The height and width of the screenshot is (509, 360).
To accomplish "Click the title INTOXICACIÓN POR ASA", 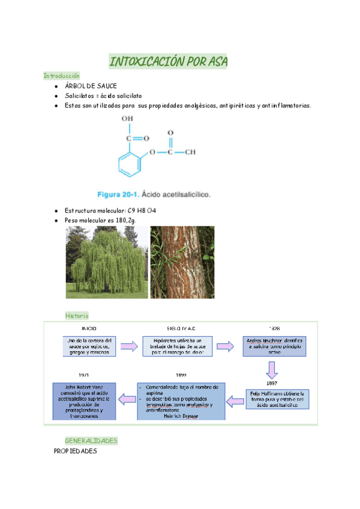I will (168, 61).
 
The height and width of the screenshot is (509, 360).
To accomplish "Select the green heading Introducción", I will (61, 76).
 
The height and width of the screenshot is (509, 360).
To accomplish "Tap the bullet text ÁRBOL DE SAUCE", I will (91, 86).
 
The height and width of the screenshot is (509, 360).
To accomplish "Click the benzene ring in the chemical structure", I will (128, 163).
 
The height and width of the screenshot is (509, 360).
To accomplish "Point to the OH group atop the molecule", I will (127, 119).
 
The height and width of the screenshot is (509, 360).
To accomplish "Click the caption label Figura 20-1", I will (119, 194).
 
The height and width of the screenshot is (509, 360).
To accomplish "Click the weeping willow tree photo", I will (107, 262).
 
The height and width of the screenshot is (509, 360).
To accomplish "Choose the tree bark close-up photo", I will (182, 262).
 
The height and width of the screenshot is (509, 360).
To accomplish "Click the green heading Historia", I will (77, 315).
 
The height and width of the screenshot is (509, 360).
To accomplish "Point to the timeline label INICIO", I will (89, 329).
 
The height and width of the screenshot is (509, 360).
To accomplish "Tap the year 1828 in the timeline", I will (274, 329).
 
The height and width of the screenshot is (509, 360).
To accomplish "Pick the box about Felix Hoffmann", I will (277, 399).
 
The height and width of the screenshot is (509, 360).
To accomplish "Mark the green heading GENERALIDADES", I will (91, 441).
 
